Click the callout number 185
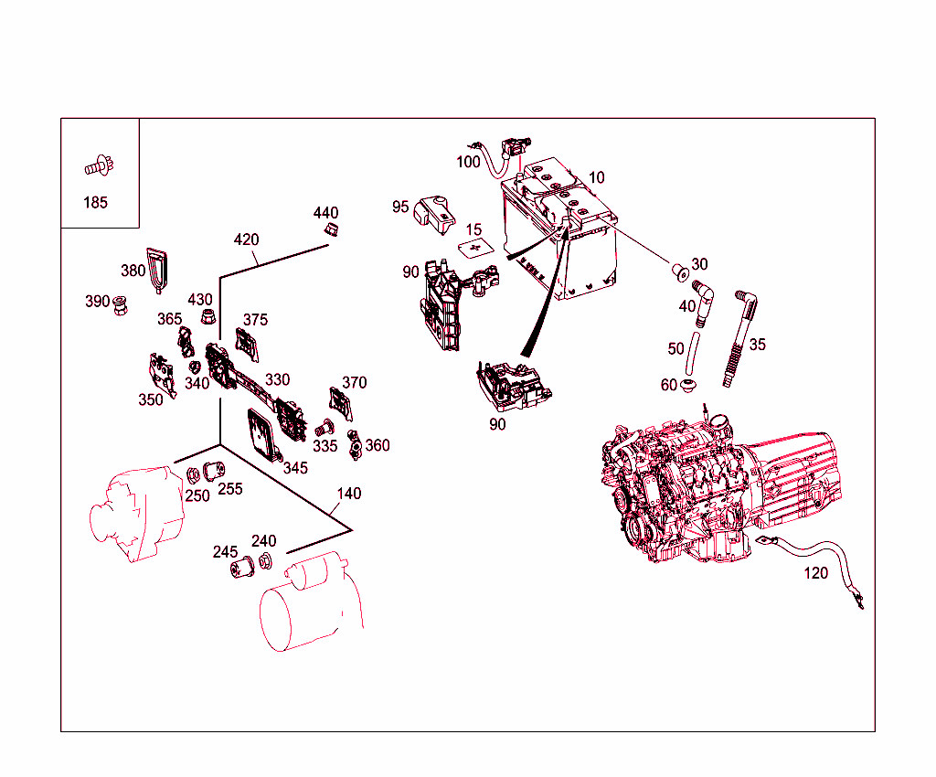[95, 203]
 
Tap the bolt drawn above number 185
[95, 166]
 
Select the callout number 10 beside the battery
[596, 177]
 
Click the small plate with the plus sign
[473, 248]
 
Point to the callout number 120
[815, 573]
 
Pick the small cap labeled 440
[330, 229]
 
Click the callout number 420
[246, 239]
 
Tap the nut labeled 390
[120, 303]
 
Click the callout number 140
[348, 494]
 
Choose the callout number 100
[468, 162]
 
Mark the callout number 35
[757, 345]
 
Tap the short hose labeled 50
[693, 351]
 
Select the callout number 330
[277, 379]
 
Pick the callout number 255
[229, 489]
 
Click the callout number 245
[225, 552]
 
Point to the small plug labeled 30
[679, 271]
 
